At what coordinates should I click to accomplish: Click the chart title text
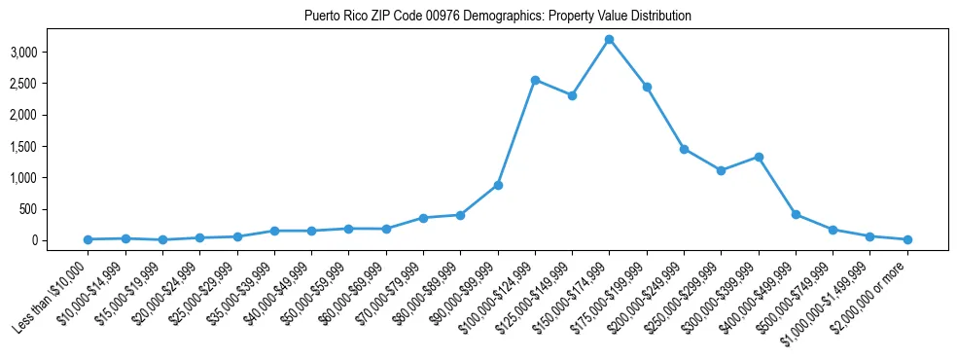click(x=497, y=16)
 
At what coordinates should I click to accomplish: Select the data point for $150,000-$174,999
click(x=609, y=39)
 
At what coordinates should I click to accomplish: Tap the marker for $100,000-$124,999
click(x=535, y=80)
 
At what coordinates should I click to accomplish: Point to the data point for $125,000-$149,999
click(x=572, y=95)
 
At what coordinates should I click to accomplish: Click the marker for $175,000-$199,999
click(x=647, y=87)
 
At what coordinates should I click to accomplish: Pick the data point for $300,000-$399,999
click(x=759, y=157)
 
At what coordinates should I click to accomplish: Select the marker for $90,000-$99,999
click(x=498, y=185)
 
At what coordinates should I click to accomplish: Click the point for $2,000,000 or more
click(x=907, y=239)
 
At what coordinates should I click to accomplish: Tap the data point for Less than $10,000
click(x=88, y=239)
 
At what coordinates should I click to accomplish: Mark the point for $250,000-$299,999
click(x=721, y=170)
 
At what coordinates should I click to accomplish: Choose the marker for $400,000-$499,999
click(x=796, y=214)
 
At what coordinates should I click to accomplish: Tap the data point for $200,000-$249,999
click(x=684, y=149)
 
